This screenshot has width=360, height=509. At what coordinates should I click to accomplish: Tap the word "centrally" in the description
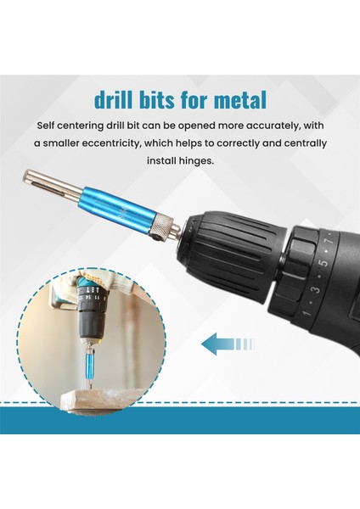pyautogui.click(x=288, y=144)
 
